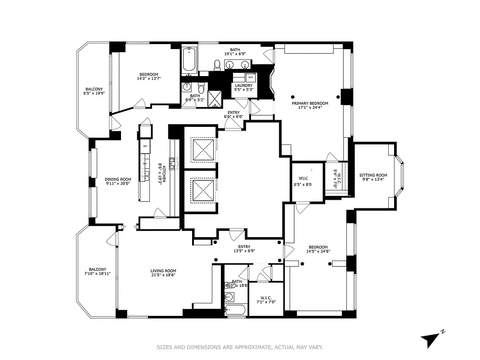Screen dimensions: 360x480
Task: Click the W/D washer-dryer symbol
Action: [251, 77]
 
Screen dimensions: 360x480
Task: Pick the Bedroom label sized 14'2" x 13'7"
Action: [148, 76]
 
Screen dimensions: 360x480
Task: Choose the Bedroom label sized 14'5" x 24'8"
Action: [318, 249]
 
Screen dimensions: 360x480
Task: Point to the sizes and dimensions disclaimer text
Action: [240, 347]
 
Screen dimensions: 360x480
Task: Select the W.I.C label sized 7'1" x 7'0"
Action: [265, 299]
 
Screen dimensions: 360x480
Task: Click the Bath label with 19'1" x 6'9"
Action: [235, 52]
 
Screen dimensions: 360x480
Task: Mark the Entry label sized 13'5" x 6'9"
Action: [244, 248]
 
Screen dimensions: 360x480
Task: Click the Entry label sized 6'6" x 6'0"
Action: [233, 114]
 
